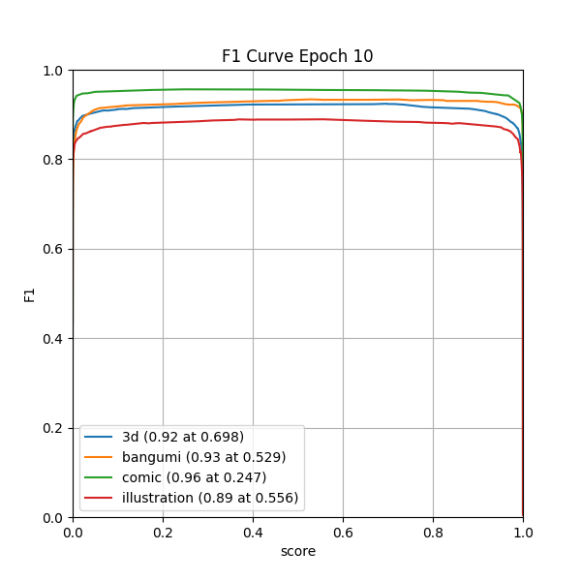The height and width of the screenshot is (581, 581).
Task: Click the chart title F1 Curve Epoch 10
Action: (297, 56)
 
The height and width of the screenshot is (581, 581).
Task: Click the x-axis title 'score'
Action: (297, 551)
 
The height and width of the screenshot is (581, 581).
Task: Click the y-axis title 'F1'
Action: (30, 294)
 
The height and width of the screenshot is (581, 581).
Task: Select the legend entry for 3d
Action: (182, 437)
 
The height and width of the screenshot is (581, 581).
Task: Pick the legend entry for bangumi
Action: (203, 457)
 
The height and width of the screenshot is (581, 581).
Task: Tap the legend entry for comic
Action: (194, 477)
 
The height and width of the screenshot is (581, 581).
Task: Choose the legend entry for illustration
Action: (210, 498)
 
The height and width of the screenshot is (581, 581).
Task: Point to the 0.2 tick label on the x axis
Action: (163, 533)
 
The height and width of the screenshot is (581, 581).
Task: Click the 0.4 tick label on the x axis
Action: (253, 533)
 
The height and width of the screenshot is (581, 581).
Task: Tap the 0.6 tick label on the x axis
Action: (343, 533)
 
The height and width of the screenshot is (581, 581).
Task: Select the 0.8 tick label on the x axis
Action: (433, 533)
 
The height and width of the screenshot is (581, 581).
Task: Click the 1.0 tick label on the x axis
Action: (523, 533)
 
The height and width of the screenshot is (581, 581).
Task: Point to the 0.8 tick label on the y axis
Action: (54, 160)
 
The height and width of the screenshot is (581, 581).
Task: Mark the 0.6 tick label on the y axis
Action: (54, 249)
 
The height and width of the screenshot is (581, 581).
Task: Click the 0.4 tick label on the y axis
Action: (54, 339)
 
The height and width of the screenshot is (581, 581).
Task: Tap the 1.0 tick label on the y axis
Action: (54, 71)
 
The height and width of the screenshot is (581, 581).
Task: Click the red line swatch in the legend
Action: (101, 498)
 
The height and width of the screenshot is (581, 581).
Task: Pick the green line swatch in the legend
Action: (101, 477)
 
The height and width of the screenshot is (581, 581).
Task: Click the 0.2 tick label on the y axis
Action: (54, 428)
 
